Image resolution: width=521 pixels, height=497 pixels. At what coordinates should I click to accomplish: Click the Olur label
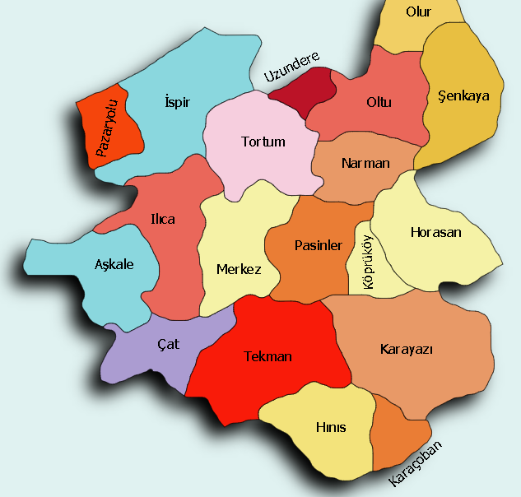click(419, 12)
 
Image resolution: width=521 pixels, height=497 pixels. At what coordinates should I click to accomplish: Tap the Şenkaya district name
click(464, 95)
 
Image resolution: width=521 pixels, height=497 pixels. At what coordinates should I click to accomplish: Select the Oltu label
click(379, 103)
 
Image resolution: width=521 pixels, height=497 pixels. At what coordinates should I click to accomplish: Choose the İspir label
click(178, 102)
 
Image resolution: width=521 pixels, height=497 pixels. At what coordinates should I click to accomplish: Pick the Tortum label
click(263, 142)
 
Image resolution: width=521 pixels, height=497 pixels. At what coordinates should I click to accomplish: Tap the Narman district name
click(365, 163)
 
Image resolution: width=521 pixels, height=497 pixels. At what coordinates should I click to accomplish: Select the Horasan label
click(435, 232)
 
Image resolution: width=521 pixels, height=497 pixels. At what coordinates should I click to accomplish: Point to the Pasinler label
click(318, 245)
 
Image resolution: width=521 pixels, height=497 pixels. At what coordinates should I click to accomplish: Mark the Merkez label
click(239, 270)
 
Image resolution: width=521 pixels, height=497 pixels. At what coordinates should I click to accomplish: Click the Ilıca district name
click(162, 220)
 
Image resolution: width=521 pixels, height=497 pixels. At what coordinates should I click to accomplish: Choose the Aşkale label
click(114, 264)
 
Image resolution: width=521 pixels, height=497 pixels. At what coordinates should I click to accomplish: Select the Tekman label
click(268, 357)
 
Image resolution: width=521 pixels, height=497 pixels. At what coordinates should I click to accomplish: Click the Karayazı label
click(407, 349)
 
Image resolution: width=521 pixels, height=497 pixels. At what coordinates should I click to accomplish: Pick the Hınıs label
click(331, 428)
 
